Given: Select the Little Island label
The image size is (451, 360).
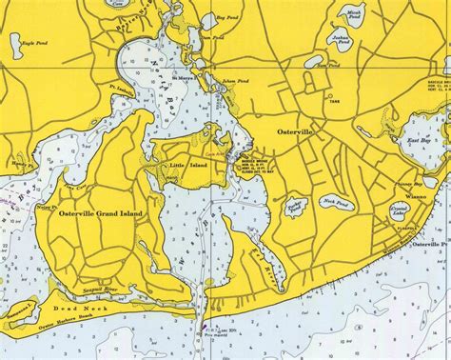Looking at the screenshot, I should coord(186,166).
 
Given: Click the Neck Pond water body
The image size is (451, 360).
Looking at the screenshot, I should coord(334,202).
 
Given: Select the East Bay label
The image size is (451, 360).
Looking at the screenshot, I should coord(420,140).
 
